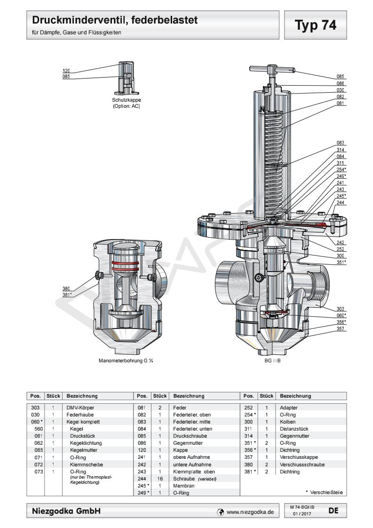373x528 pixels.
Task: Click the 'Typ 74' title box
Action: (x=316, y=25)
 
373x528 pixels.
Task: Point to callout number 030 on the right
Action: (x=341, y=90)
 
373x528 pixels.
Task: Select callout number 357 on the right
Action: (x=341, y=328)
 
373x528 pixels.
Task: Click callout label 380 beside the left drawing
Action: (x=66, y=288)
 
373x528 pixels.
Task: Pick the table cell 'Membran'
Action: (x=181, y=487)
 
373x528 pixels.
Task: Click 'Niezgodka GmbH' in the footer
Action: (x=66, y=511)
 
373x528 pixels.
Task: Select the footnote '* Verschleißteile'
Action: (x=324, y=493)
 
